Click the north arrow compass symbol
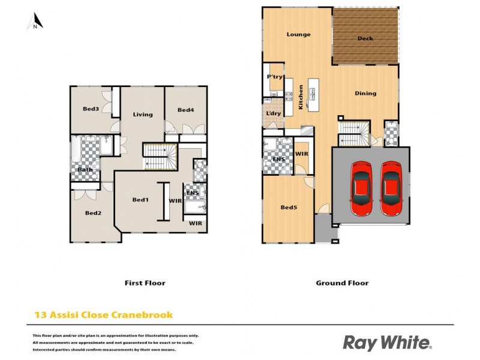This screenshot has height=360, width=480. (35, 21)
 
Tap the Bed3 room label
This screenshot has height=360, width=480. (91, 109)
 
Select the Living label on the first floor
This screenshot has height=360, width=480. (143, 115)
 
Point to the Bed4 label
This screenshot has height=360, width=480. (186, 110)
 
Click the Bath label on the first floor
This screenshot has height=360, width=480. (85, 170)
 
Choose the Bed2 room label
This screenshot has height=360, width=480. (93, 212)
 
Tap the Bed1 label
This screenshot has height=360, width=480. (140, 200)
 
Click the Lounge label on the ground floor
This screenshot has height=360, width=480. (298, 34)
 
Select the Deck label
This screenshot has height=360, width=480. (365, 38)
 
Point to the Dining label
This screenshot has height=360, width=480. (365, 93)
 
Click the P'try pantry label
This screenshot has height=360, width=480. (275, 77)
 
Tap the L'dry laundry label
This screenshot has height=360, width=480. (274, 113)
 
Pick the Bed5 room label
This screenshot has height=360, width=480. (289, 208)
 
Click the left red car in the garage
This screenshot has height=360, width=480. (362, 188)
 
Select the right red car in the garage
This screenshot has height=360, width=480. (392, 188)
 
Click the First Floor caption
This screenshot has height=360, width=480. (145, 283)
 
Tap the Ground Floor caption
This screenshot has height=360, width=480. (342, 283)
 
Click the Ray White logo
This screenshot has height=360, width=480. (387, 343)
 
